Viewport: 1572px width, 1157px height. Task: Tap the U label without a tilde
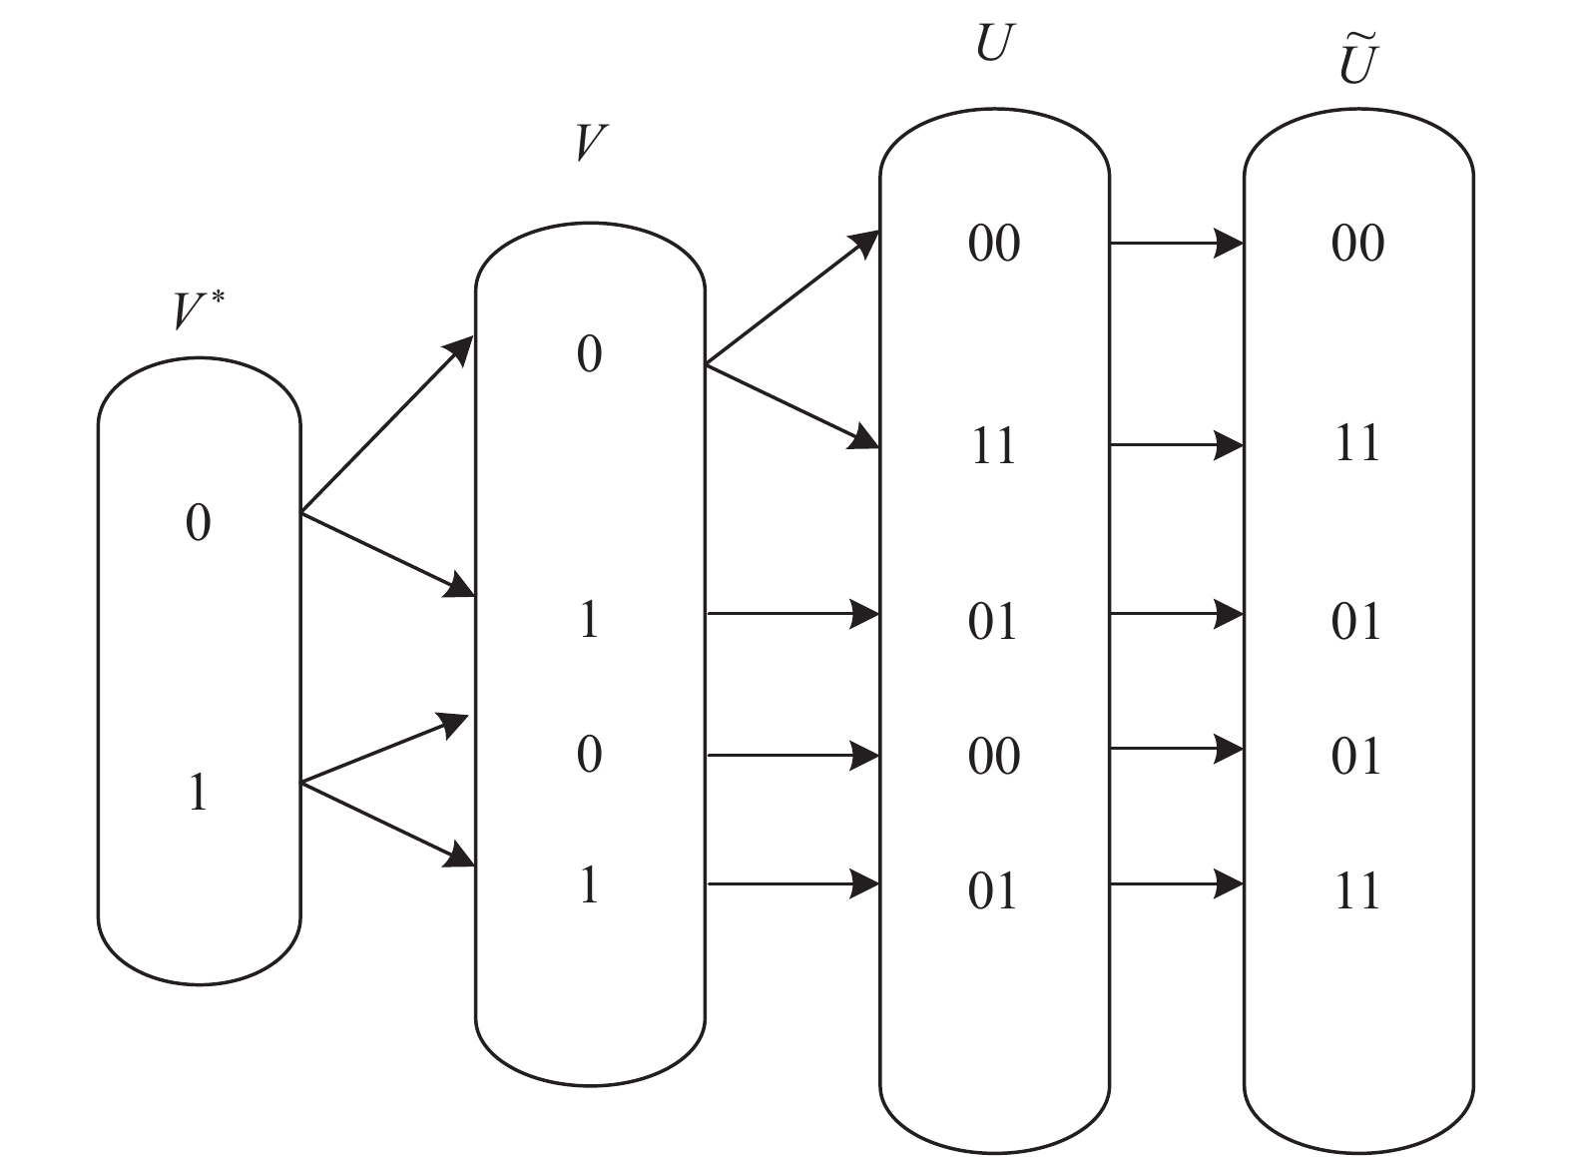click(992, 43)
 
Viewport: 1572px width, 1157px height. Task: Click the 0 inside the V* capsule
click(199, 522)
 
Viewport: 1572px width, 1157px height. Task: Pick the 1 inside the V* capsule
click(199, 793)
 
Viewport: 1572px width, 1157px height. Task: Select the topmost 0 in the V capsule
click(589, 353)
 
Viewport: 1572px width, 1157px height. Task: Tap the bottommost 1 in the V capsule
click(589, 884)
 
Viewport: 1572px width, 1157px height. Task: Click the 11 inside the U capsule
click(992, 445)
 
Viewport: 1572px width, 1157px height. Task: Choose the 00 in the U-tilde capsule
click(1357, 243)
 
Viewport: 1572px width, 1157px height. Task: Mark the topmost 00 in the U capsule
click(993, 243)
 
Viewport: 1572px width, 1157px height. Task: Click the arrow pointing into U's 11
click(792, 404)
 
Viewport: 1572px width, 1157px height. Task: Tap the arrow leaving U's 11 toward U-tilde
click(1176, 444)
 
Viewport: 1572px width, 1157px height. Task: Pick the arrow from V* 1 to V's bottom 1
click(387, 825)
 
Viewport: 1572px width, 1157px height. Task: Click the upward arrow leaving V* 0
click(387, 424)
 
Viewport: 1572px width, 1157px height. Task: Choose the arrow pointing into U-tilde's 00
click(1176, 242)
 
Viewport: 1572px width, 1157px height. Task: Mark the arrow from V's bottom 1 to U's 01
click(792, 883)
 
